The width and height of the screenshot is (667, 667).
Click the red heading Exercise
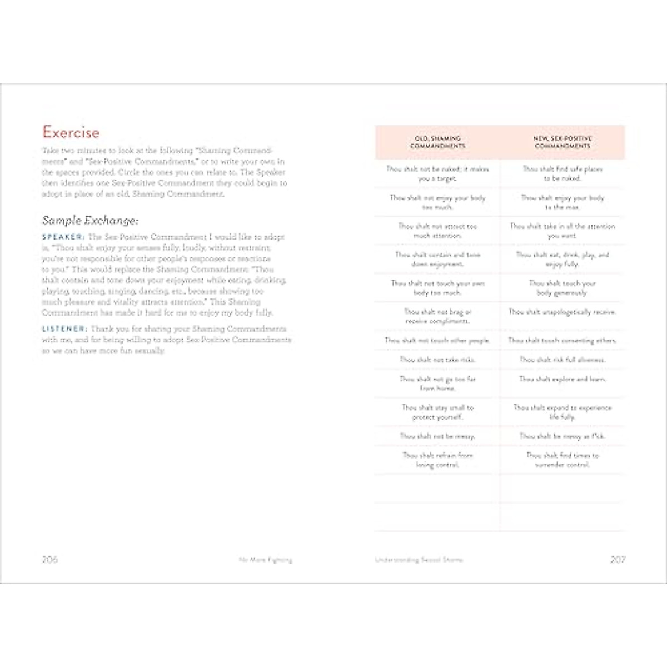71,132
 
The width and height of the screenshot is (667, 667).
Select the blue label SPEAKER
63,237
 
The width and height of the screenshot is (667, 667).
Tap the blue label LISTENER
64,329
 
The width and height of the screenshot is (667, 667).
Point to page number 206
50,559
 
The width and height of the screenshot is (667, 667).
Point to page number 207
618,559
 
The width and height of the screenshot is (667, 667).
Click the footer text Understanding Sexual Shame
419,560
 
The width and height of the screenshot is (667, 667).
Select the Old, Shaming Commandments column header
437,142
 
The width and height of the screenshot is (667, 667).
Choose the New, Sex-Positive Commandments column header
563,142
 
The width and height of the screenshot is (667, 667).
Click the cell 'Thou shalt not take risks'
437,360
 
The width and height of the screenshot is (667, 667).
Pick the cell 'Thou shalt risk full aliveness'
563,360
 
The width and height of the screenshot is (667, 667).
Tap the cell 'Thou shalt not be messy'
437,436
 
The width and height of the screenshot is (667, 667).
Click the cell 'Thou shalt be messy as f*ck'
563,436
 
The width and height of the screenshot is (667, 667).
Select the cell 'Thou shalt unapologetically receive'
563,312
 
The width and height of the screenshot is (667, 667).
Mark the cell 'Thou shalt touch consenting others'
563,340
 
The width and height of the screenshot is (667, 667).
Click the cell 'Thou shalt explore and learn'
563,379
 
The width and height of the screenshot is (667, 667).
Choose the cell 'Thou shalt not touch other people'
437,340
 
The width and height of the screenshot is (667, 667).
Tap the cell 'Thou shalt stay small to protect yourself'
437,412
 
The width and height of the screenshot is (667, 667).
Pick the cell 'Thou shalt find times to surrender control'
563,460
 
